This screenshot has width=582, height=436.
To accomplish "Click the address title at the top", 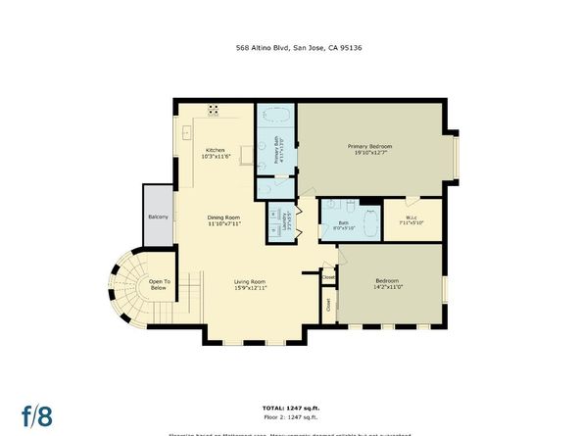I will (x=291, y=47).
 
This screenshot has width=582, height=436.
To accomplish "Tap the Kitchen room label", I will (x=215, y=150).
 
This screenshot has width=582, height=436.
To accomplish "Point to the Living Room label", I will (x=250, y=281).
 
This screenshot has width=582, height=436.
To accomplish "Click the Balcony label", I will (x=158, y=217).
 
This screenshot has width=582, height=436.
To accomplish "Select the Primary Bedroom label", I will (x=369, y=147).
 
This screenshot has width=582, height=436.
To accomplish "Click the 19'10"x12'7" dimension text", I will (x=369, y=154).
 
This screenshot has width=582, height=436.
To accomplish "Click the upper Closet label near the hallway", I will (x=328, y=277).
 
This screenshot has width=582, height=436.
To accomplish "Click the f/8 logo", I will (x=37, y=414).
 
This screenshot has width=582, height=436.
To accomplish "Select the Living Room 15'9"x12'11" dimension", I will (x=250, y=288).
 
